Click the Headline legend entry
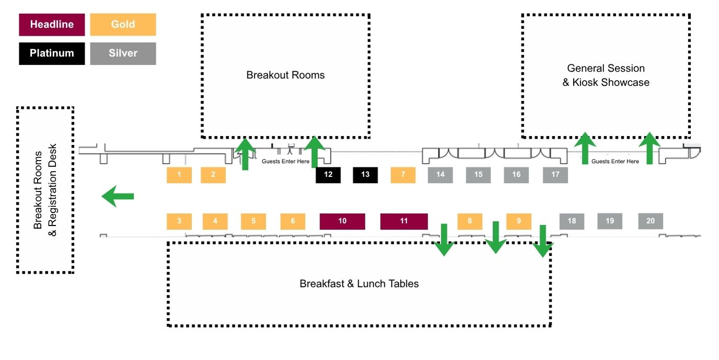pyautogui.click(x=52, y=25)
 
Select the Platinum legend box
pyautogui.click(x=52, y=53)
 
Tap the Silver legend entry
pyautogui.click(x=123, y=53)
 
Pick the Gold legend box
pyautogui.click(x=123, y=25)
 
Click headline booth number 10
pyautogui.click(x=342, y=221)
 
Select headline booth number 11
pyautogui.click(x=404, y=221)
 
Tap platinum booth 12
pyautogui.click(x=328, y=175)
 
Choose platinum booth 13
pyautogui.click(x=365, y=175)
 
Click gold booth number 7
pyautogui.click(x=403, y=175)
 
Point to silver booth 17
pyautogui.click(x=555, y=175)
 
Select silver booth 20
pyautogui.click(x=650, y=221)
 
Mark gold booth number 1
pyautogui.click(x=179, y=175)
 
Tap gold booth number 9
pyautogui.click(x=519, y=221)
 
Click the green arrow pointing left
pyautogui.click(x=118, y=197)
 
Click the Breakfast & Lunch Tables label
pyautogui.click(x=359, y=284)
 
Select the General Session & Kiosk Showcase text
pyautogui.click(x=606, y=75)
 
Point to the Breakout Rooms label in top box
pyautogui.click(x=286, y=75)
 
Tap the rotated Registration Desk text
pyautogui.click(x=52, y=190)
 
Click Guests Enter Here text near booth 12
pyautogui.click(x=286, y=161)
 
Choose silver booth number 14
pyautogui.click(x=440, y=175)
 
